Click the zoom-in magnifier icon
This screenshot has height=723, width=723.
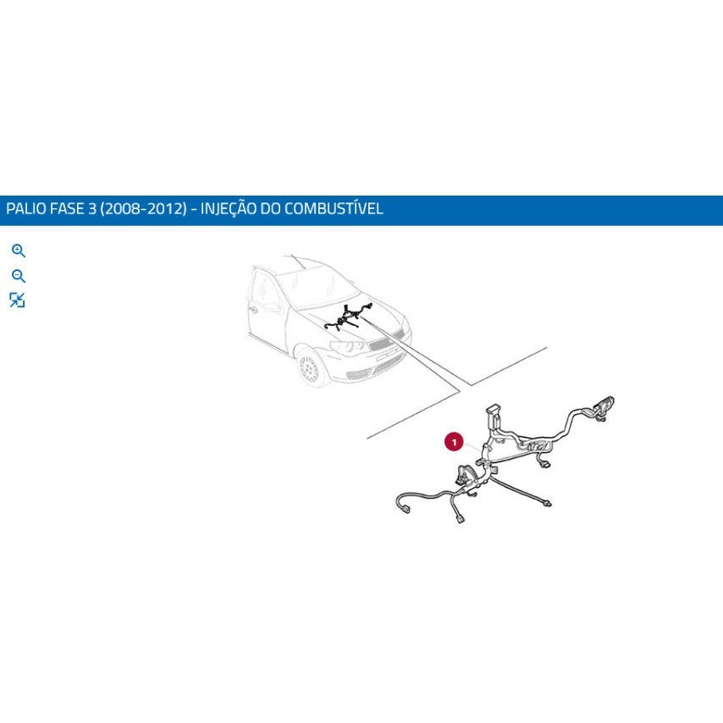19,251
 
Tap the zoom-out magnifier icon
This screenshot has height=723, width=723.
19,276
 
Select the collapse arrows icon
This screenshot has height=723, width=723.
17,301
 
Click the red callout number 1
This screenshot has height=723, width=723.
454,442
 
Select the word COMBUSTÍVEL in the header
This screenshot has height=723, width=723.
334,208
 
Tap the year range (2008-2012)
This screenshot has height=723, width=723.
143,209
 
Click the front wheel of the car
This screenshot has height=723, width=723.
309,368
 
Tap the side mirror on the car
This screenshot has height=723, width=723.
273,307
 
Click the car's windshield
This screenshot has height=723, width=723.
317,288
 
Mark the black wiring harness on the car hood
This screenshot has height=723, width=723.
348,317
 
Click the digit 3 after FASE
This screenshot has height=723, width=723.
92,209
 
